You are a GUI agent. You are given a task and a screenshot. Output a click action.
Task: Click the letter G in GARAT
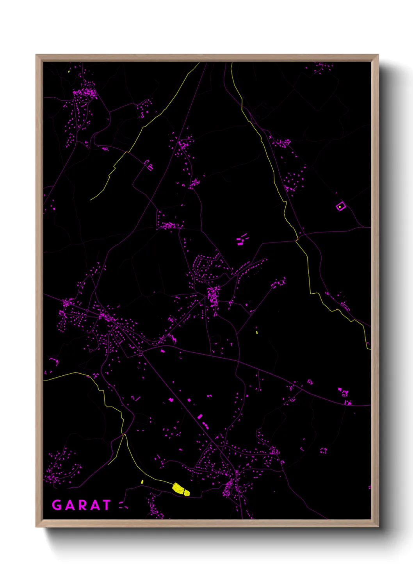pos(57,505)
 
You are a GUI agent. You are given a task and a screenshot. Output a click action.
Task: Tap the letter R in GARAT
pos(81,505)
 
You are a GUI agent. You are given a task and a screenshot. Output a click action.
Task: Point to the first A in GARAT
pos(69,505)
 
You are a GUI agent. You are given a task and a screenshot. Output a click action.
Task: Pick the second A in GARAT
pos(94,505)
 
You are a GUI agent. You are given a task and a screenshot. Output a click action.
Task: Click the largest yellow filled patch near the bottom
pos(178,488)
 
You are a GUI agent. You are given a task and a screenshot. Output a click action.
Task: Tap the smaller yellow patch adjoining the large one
pos(187,493)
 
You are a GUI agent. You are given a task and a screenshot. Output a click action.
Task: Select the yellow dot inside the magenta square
pos(340,207)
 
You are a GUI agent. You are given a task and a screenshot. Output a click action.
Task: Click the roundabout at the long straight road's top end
pos(141,352)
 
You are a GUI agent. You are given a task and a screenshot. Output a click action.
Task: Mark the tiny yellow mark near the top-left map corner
pos(69,71)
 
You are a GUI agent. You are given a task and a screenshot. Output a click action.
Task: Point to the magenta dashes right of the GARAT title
pos(123,505)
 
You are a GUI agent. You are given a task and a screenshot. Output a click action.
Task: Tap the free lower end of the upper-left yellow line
pos(91,200)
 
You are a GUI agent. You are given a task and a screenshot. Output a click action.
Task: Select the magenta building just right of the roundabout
pos(163,351)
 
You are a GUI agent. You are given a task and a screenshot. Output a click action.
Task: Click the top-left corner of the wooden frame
pos(36,55)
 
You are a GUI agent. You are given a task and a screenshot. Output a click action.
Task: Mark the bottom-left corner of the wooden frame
pos(36,526)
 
